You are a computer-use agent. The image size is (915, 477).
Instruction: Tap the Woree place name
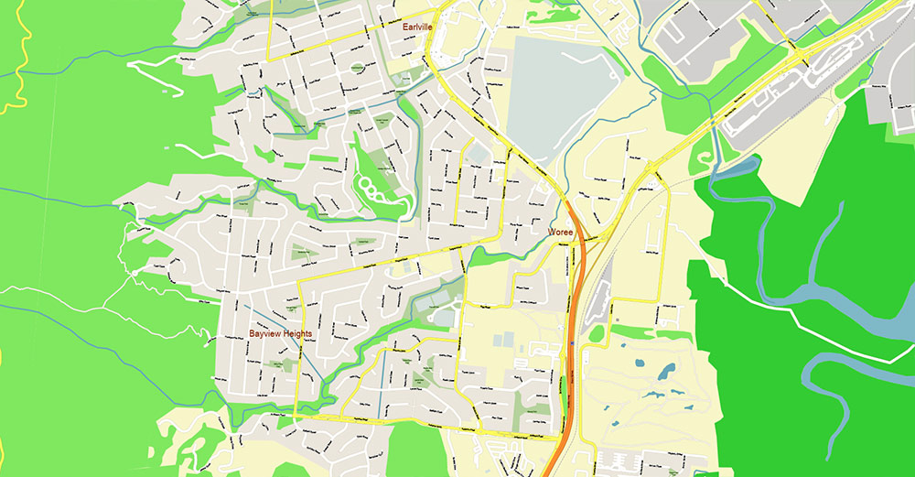point(560,233)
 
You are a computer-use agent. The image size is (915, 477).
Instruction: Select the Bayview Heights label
point(280,334)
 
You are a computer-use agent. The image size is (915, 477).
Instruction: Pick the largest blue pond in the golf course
point(666,371)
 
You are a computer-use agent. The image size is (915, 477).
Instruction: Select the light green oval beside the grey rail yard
point(597,333)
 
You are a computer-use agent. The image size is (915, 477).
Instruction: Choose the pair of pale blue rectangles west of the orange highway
point(501,340)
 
